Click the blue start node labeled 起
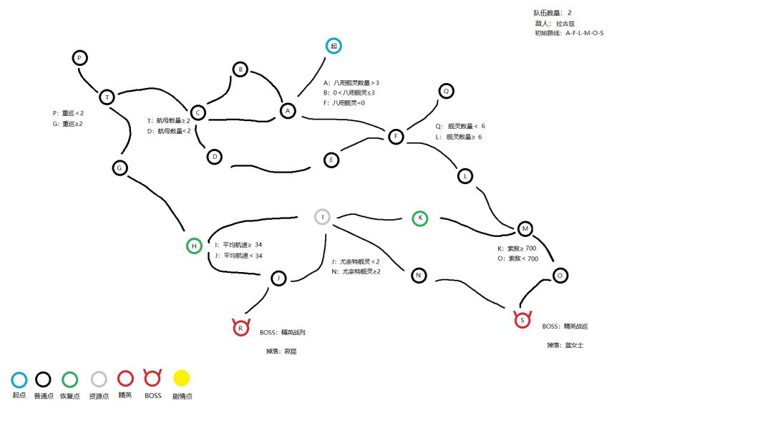pos(334,46)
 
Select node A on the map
pos(288,111)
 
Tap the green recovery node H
pos(193,246)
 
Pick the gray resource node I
pos(323,217)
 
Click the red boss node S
pos(522,320)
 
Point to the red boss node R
pos(241,328)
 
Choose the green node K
pos(420,218)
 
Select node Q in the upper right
pos(446,91)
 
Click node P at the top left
pos(80,58)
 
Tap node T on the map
pos(107,97)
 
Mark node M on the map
pos(525,229)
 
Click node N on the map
pos(419,275)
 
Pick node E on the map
pos(331,160)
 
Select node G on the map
pos(120,168)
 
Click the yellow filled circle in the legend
pos(182,379)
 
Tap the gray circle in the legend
pos(99,379)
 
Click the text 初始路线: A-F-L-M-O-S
pos(568,33)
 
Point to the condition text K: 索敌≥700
pos(511,248)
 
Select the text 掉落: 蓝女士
pos(560,345)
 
